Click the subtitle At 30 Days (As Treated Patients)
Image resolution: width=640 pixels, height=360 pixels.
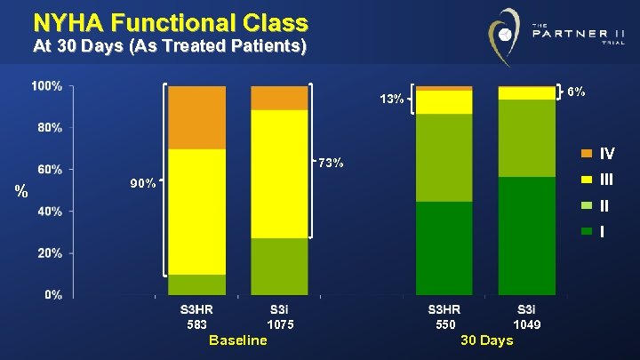pos(170,47)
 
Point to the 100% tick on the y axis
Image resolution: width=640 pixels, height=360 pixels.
pos(47,86)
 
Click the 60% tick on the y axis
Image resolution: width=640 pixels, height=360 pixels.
pos(47,169)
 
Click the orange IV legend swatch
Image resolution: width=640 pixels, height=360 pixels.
pos(586,153)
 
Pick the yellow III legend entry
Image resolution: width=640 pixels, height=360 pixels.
pos(596,179)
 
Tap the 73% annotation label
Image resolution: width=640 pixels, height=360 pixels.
pos(332,164)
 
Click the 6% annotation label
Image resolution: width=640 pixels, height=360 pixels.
pos(576,92)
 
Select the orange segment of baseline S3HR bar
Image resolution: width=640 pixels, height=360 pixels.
pos(196,117)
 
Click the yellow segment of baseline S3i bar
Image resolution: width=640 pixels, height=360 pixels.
pos(279,173)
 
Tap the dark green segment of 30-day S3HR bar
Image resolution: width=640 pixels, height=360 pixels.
pos(444,248)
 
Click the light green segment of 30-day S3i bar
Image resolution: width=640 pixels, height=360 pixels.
pos(526,138)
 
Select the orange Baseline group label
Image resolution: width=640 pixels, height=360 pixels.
pos(237,340)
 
